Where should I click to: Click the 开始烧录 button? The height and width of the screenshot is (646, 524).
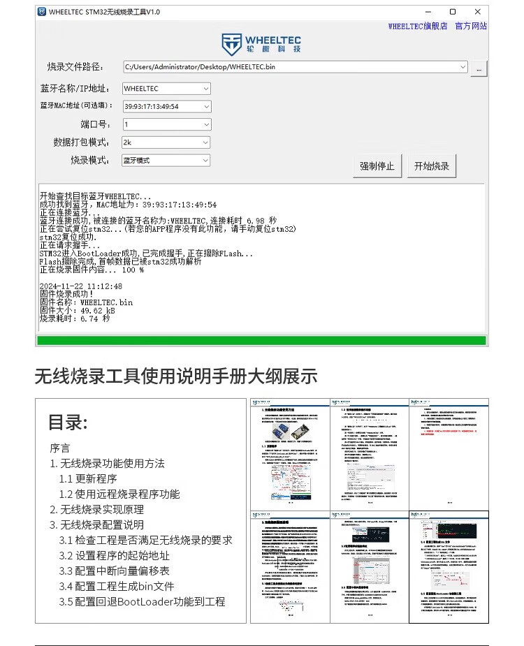click(431, 166)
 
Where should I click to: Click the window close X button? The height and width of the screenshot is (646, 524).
click(478, 12)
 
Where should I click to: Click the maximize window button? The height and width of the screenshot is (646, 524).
click(453, 12)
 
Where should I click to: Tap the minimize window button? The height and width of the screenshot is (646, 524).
click(428, 12)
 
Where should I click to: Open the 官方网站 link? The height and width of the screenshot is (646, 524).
click(471, 27)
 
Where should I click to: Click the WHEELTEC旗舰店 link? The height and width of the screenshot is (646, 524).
click(418, 27)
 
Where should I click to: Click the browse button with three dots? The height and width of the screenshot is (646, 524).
click(479, 68)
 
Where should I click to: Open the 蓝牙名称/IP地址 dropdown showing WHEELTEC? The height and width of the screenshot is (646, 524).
click(166, 89)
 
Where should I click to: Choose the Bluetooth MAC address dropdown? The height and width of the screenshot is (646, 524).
click(166, 107)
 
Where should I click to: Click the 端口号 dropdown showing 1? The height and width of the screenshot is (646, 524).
click(166, 124)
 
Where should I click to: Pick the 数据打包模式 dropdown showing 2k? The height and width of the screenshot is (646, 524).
click(166, 142)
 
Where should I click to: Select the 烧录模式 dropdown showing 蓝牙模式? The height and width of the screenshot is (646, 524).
click(166, 161)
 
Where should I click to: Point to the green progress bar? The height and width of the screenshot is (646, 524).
click(261, 341)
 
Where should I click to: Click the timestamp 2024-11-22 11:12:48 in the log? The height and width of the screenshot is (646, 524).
click(81, 286)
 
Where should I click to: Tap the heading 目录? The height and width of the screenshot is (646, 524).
click(68, 423)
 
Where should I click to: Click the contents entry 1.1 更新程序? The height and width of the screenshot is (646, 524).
click(87, 479)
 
